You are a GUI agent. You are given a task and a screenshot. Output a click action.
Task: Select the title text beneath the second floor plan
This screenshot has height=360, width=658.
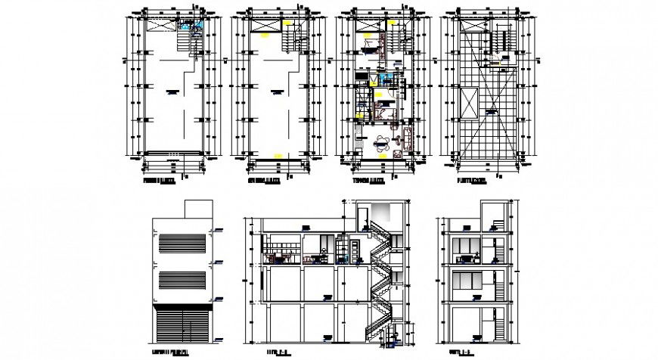[x=264, y=182]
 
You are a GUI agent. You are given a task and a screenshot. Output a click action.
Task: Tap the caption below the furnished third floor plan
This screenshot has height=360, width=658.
[x=368, y=182]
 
